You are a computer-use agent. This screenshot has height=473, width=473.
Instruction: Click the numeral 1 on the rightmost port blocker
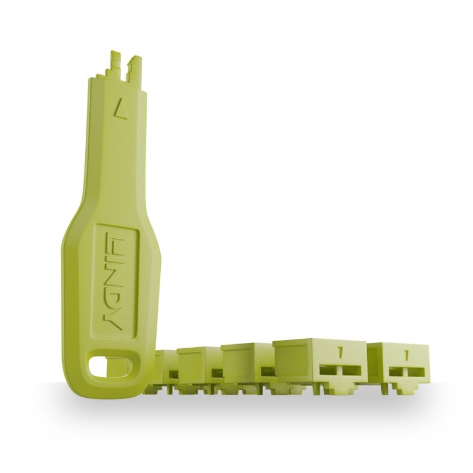406,355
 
